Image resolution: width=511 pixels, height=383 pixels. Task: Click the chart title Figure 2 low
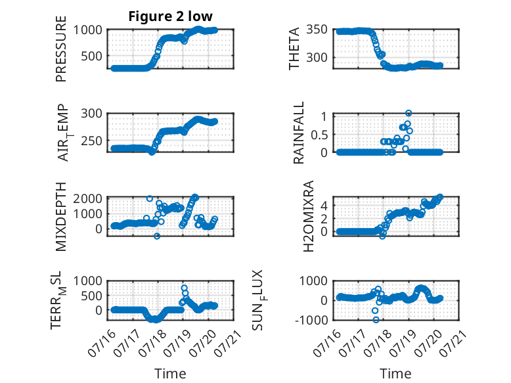click(x=170, y=16)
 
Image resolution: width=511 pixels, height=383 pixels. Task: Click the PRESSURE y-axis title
click(x=61, y=49)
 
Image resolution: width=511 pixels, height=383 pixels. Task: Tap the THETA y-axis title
click(x=294, y=49)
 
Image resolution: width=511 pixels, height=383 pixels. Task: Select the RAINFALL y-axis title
click(x=298, y=133)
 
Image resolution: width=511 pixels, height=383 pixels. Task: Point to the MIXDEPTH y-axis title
click(x=61, y=217)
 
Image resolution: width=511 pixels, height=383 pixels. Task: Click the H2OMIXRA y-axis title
click(x=308, y=216)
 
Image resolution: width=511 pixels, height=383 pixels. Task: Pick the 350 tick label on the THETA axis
click(x=317, y=30)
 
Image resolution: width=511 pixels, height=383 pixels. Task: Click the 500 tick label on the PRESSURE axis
click(x=91, y=56)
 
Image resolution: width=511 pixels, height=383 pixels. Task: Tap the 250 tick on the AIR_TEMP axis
click(x=91, y=141)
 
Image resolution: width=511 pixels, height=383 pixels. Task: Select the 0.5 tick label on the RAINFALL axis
click(x=319, y=135)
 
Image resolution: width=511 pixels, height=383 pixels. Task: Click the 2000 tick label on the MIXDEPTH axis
click(x=87, y=198)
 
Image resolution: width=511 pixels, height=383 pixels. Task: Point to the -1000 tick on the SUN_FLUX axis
click(x=312, y=320)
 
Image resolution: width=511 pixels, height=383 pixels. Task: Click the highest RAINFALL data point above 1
click(x=409, y=113)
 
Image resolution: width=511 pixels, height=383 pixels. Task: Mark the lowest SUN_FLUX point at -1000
click(x=376, y=320)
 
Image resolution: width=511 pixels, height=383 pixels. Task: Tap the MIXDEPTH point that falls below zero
click(x=157, y=236)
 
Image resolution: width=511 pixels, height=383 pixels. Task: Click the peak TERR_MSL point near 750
click(x=184, y=288)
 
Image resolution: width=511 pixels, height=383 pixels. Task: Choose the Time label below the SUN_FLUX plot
click(x=395, y=374)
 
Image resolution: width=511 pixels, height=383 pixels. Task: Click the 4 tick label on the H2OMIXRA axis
click(x=324, y=206)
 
